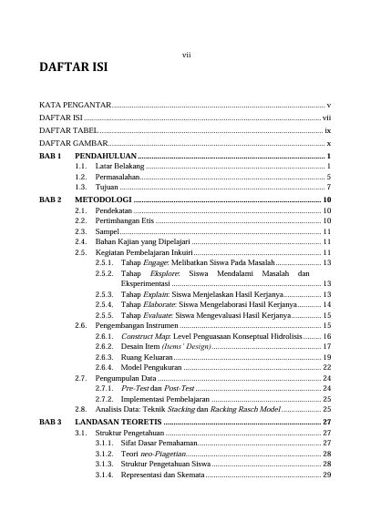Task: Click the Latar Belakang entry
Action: [x=118, y=167]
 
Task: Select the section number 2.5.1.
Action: [x=104, y=262]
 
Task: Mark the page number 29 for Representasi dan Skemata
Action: [x=326, y=475]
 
